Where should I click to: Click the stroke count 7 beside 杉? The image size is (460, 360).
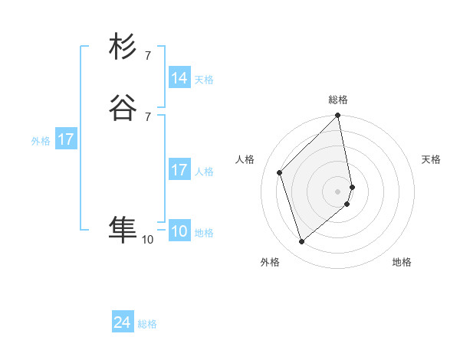(147, 56)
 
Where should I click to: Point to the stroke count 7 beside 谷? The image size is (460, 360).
(147, 116)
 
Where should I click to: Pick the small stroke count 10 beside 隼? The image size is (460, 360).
(147, 240)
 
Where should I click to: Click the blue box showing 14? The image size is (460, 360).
(179, 78)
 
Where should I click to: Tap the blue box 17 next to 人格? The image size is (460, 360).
(179, 170)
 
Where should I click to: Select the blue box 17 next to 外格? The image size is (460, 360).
(66, 139)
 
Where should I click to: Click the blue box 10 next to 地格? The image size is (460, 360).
(179, 231)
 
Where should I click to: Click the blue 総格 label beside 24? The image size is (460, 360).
(148, 324)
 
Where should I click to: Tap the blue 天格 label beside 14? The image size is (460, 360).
(204, 80)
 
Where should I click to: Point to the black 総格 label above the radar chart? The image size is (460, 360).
(338, 100)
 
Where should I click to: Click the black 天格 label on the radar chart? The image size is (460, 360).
(431, 159)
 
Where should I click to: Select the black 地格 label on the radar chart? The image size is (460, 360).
(402, 262)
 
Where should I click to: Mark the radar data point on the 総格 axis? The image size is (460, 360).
(338, 116)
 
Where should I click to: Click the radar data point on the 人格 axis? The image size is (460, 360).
(280, 172)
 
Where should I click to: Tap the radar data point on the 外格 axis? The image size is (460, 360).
(302, 242)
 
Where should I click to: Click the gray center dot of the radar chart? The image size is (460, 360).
(338, 191)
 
